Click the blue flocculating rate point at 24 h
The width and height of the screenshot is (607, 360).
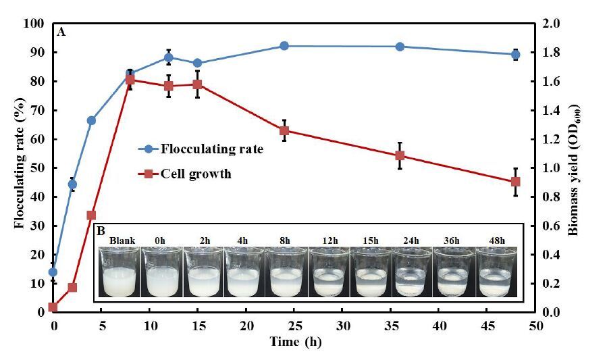point(284,46)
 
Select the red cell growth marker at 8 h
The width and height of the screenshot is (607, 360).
point(130,80)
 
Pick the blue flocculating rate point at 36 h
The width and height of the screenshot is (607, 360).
point(400,47)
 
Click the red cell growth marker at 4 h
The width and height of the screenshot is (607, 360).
point(91,215)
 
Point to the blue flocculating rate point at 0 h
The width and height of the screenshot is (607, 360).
point(53,272)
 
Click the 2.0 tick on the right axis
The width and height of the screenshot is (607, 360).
point(553,24)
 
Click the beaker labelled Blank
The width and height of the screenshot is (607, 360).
point(119,272)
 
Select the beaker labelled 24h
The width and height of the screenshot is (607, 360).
point(412,272)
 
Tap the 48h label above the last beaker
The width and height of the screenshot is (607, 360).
point(496,240)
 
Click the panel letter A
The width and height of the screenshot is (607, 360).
point(61,32)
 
